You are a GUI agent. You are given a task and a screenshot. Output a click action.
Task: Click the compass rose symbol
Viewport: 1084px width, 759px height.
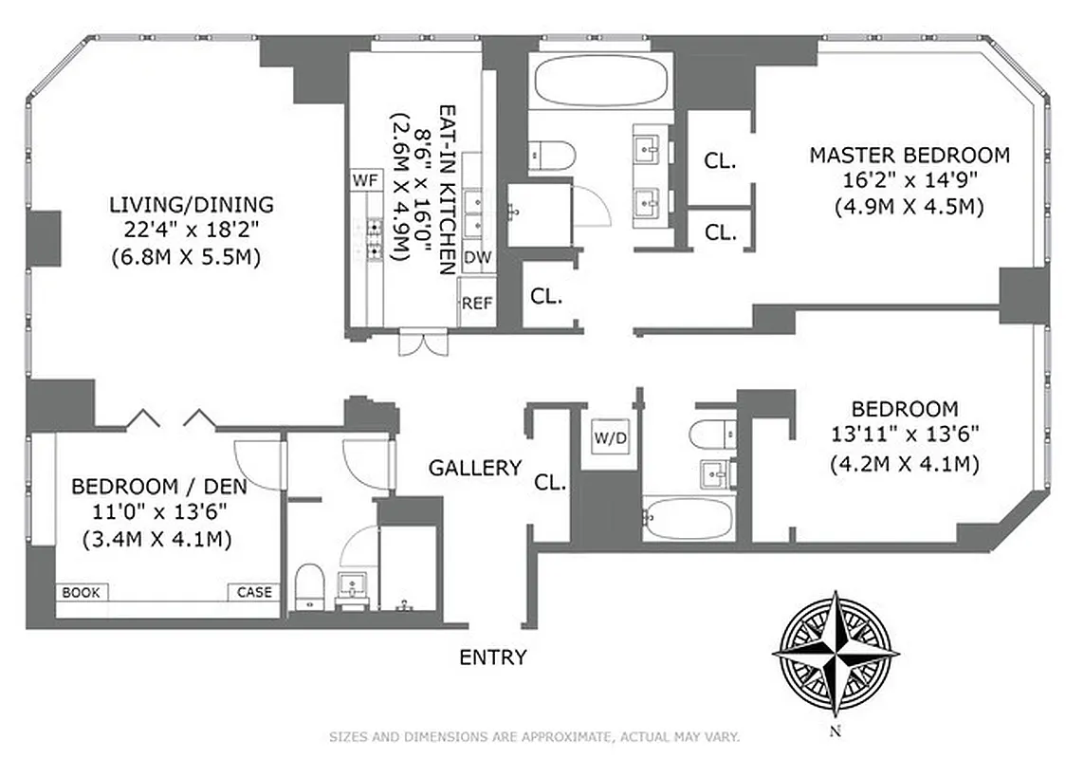pos(836,654)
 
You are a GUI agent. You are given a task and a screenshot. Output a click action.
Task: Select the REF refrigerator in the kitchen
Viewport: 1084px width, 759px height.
pos(477,304)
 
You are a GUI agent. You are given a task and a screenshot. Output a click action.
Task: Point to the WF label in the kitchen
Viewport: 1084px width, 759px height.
pos(363,179)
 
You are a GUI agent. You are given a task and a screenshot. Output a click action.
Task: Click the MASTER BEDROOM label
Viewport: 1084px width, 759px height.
pos(909,155)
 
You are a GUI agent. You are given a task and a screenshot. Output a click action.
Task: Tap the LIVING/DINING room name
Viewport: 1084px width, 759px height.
pos(192,204)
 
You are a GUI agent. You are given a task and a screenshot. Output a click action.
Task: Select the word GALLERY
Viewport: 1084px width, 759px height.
pos(475,467)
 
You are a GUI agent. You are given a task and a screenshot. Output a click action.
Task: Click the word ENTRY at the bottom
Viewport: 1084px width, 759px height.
pos(492,657)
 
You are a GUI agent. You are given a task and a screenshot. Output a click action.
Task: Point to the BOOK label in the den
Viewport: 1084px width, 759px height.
pos(82,592)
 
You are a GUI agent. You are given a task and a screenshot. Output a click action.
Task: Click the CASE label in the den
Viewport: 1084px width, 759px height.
pos(253,592)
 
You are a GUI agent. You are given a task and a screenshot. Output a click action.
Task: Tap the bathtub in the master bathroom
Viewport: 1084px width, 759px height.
pos(599,81)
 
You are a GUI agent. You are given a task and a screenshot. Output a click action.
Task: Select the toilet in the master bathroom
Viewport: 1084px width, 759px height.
pos(552,154)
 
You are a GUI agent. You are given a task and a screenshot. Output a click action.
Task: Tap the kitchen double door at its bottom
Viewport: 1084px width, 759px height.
pos(422,342)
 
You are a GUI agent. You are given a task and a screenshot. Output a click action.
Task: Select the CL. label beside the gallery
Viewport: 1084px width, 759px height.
pos(550,482)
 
